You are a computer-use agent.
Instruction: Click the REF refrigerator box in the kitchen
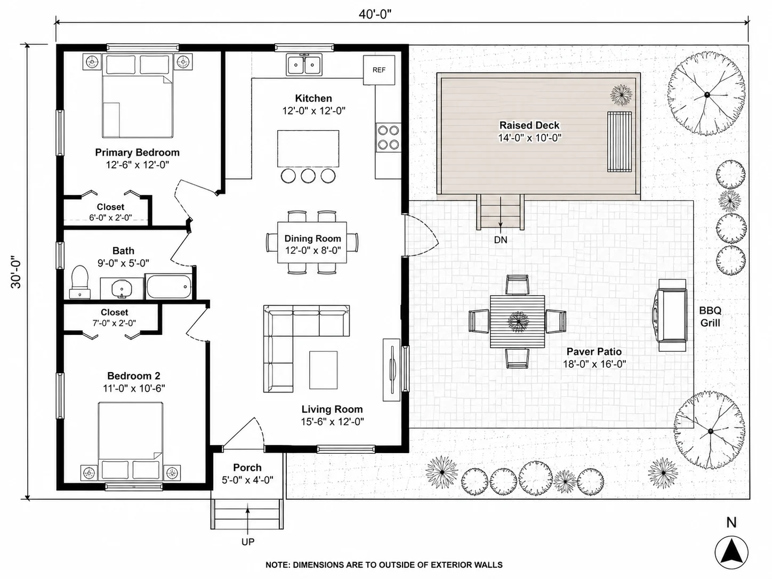pyautogui.click(x=379, y=70)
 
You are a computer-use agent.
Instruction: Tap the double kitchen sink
pyautogui.click(x=304, y=65)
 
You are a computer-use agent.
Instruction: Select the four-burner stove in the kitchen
pyautogui.click(x=388, y=138)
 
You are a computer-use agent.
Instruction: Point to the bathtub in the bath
pyautogui.click(x=168, y=286)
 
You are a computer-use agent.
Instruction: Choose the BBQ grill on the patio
pyautogui.click(x=672, y=315)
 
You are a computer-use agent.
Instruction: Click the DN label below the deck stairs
pyautogui.click(x=501, y=240)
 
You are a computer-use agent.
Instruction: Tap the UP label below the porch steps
pyautogui.click(x=247, y=542)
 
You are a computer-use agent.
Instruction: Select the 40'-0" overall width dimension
pyautogui.click(x=375, y=14)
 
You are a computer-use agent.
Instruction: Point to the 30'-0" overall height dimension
pyautogui.click(x=16, y=272)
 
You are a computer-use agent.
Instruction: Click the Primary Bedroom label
pyautogui.click(x=137, y=152)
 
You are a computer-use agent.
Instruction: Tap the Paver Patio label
pyautogui.click(x=594, y=351)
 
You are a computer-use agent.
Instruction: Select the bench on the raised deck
pyautogui.click(x=619, y=142)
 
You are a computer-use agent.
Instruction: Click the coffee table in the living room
pyautogui.click(x=323, y=370)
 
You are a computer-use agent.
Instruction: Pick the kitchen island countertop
pyautogui.click(x=308, y=149)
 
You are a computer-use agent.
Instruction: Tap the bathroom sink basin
pyautogui.click(x=122, y=288)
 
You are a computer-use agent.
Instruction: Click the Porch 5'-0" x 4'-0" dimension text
pyautogui.click(x=247, y=480)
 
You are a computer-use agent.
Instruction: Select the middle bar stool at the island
pyautogui.click(x=308, y=176)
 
